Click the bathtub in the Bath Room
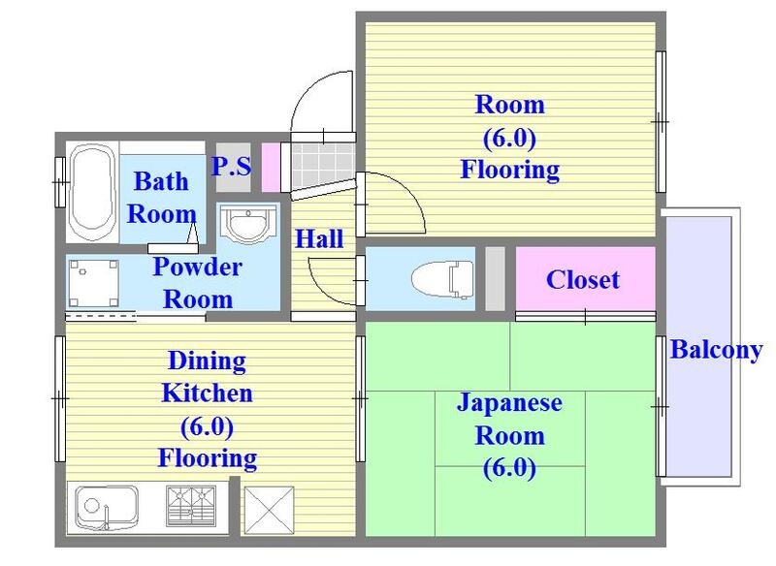click(92, 193)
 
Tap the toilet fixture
click(442, 279)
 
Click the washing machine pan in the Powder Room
click(93, 283)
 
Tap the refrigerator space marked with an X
click(270, 511)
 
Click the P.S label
click(231, 167)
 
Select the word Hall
click(319, 238)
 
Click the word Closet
click(583, 280)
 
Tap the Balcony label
click(716, 351)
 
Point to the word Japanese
click(509, 403)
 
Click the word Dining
click(207, 362)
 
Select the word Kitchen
click(207, 393)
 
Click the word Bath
click(161, 181)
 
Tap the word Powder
click(198, 267)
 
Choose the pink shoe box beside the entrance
click(271, 167)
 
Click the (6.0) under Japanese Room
click(509, 467)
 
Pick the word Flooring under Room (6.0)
click(510, 170)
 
